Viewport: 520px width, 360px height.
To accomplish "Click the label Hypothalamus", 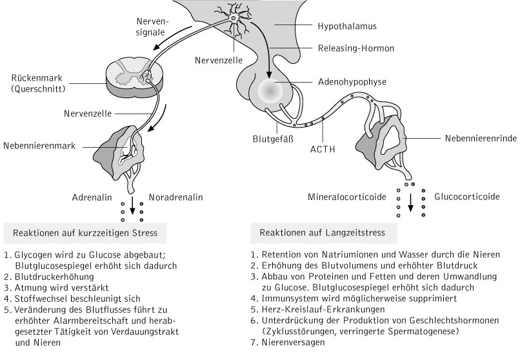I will [x=346, y=26].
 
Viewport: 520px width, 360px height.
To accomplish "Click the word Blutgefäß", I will [x=272, y=138].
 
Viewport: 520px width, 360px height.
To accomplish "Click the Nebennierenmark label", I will [x=38, y=146].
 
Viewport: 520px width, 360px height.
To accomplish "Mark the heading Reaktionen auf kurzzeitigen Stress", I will [x=85, y=231].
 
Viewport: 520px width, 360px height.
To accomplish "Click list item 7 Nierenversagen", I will [x=290, y=342].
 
